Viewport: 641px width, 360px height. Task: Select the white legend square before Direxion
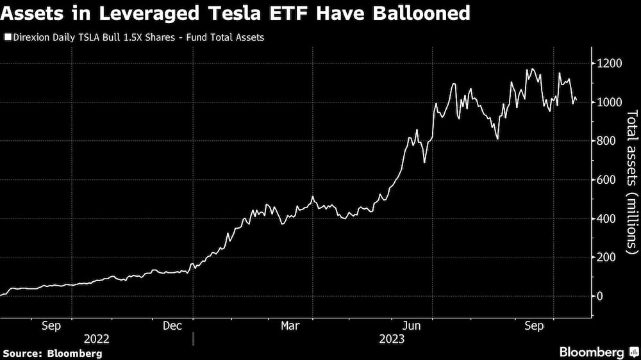[6, 37]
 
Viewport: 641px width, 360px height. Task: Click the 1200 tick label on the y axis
[609, 63]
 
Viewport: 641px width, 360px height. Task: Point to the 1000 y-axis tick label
[609, 102]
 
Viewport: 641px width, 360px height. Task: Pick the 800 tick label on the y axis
[606, 141]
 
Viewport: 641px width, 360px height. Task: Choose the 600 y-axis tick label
[606, 180]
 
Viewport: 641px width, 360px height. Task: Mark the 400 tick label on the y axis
[606, 218]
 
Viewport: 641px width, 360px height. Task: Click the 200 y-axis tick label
[606, 258]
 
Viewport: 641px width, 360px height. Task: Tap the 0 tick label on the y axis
[600, 296]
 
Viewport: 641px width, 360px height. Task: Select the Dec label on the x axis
[173, 326]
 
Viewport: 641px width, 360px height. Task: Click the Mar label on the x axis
[290, 326]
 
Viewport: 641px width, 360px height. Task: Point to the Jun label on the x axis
[411, 326]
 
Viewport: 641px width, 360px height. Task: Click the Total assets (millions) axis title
[632, 180]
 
